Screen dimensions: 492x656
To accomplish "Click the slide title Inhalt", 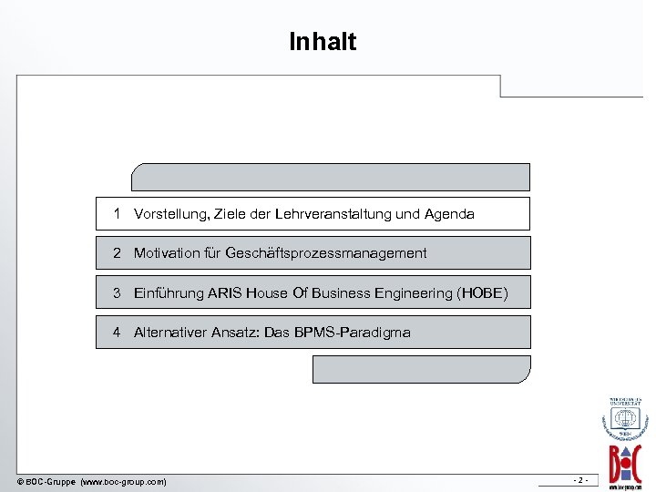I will (x=323, y=42).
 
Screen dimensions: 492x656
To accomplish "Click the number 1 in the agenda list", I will (x=118, y=214).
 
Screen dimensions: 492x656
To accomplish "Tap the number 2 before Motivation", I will (x=118, y=253).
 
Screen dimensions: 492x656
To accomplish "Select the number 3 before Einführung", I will (x=118, y=293).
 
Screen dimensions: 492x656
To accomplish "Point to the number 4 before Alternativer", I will (x=118, y=333).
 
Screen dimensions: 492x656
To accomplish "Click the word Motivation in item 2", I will (x=167, y=253).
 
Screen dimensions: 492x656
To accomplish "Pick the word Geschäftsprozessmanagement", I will (x=325, y=253).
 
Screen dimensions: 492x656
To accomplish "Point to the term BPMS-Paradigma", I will (x=352, y=333).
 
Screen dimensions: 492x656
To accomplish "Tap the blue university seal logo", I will (x=625, y=419).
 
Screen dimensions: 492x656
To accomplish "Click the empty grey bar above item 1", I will (x=330, y=177).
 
